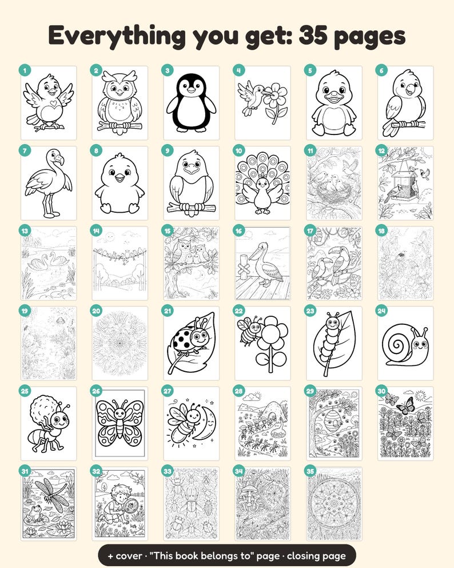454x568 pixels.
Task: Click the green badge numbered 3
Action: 168,70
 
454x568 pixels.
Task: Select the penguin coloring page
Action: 191,103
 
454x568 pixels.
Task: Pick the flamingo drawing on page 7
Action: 48,184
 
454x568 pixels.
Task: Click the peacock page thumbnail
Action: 262,183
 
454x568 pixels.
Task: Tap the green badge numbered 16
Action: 238,231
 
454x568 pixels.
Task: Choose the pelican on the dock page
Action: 262,263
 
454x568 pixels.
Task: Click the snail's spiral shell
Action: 397,343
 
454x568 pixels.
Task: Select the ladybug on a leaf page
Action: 191,343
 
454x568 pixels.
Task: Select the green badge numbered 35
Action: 310,471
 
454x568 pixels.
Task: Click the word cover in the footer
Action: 129,555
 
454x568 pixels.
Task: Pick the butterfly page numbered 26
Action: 120,423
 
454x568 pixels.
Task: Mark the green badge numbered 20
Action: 96,311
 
